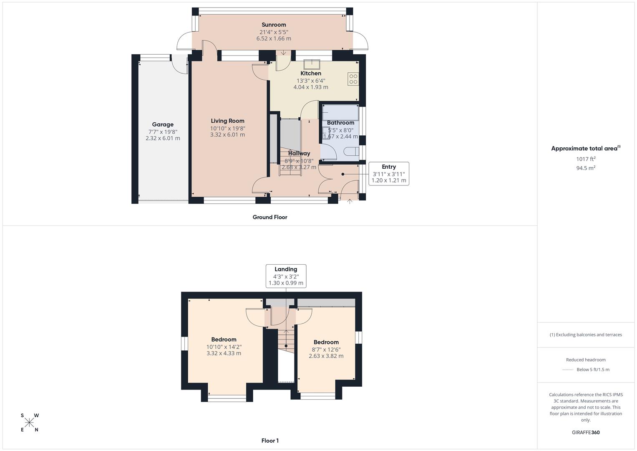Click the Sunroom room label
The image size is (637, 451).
click(x=274, y=25)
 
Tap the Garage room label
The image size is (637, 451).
click(x=163, y=124)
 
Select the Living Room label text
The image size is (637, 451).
click(x=227, y=121)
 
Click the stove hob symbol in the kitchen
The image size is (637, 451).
click(x=353, y=79)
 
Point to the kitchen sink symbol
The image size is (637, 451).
click(x=312, y=64)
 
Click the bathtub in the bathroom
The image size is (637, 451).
click(x=340, y=113)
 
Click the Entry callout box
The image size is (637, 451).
click(x=388, y=174)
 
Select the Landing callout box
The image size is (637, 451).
click(x=286, y=276)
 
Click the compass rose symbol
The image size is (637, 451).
click(x=29, y=423)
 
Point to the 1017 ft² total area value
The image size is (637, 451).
click(x=586, y=159)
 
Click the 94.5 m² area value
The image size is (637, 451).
click(x=586, y=168)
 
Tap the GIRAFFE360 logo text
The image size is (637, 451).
click(x=586, y=432)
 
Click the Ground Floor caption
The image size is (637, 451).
click(x=270, y=217)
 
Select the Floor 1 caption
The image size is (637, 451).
click(x=270, y=441)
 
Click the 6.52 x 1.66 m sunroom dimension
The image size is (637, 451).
click(x=274, y=38)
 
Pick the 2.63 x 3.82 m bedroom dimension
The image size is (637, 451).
click(x=326, y=356)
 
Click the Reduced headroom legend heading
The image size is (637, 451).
click(x=586, y=360)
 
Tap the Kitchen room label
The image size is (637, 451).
click(x=311, y=73)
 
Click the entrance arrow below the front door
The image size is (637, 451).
click(x=350, y=201)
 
